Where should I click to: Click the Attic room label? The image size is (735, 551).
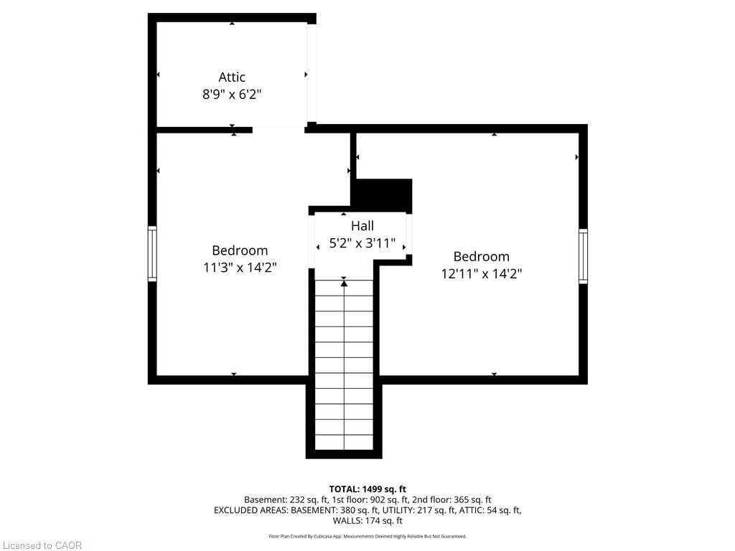(x=232, y=77)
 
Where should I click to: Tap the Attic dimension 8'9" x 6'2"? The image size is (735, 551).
(x=232, y=94)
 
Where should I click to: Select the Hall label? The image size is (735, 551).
(x=362, y=226)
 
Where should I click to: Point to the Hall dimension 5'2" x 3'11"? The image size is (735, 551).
(x=362, y=243)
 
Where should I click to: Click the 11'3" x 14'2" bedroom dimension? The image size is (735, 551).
(x=240, y=268)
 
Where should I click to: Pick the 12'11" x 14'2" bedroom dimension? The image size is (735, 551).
(x=482, y=273)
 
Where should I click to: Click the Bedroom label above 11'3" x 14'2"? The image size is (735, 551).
(x=240, y=250)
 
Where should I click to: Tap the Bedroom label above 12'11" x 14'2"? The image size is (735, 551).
(x=482, y=256)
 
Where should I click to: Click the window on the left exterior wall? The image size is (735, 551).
(x=152, y=253)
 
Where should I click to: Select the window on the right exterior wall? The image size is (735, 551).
(x=583, y=256)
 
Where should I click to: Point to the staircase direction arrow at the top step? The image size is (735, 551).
(x=344, y=283)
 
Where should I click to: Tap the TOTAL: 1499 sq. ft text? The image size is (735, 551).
(x=367, y=489)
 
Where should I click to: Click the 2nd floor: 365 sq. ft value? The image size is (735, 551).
(x=451, y=500)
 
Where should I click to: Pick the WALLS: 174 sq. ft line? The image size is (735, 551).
(x=367, y=521)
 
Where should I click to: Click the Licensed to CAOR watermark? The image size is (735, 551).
(x=42, y=545)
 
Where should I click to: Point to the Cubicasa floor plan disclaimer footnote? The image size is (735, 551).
(x=367, y=537)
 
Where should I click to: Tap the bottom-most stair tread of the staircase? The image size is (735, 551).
(x=344, y=442)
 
